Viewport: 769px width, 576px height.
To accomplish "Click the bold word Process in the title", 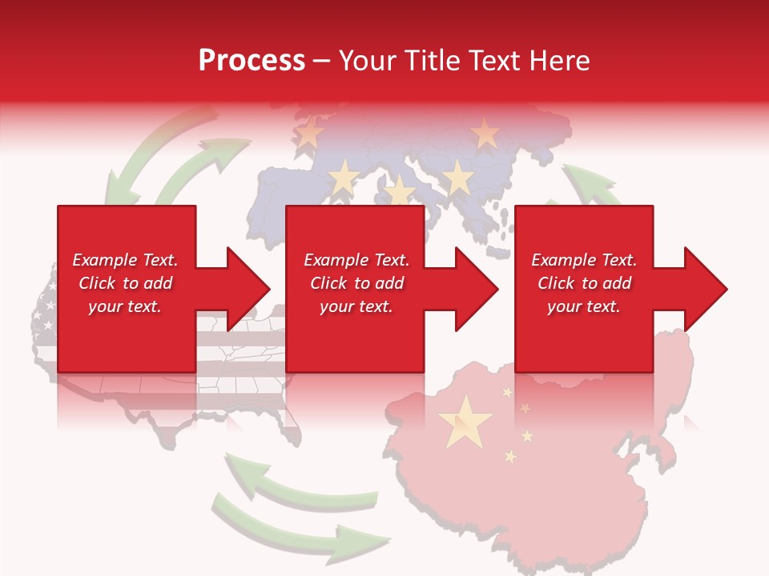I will click(x=252, y=61).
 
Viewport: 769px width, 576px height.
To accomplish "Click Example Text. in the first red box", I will click(x=125, y=260).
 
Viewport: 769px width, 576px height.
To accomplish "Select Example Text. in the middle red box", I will click(x=356, y=260).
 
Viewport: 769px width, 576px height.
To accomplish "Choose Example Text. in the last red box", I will click(x=584, y=260).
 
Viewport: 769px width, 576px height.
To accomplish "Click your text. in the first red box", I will click(x=125, y=306).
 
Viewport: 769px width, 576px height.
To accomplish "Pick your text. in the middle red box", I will click(x=356, y=306).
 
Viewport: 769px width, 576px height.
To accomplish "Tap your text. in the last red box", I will click(x=584, y=306).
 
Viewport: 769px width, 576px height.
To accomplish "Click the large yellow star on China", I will click(x=465, y=422).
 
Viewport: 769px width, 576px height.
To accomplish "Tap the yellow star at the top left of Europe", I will click(x=310, y=131).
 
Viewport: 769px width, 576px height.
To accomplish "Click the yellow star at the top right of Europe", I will click(x=485, y=134).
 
